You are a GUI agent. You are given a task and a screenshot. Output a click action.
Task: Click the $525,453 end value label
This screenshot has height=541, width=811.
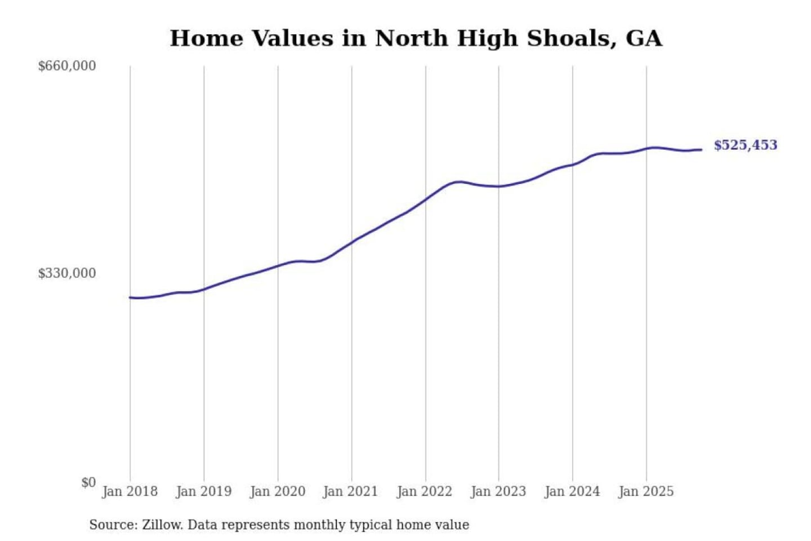click(x=745, y=145)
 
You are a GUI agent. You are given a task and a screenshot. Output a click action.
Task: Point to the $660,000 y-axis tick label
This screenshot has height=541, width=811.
click(x=66, y=66)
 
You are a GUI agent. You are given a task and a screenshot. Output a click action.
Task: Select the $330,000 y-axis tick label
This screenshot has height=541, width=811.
click(x=66, y=273)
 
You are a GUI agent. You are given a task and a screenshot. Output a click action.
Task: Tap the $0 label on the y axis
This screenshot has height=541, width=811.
click(x=88, y=482)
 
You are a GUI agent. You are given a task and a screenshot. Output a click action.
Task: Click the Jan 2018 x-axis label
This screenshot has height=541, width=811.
click(x=130, y=491)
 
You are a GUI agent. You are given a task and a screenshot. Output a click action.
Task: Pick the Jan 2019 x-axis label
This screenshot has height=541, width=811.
click(x=203, y=491)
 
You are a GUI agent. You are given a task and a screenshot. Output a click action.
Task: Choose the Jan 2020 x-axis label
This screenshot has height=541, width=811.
click(x=277, y=491)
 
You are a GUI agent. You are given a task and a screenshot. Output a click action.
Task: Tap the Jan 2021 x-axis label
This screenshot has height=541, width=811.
click(x=350, y=491)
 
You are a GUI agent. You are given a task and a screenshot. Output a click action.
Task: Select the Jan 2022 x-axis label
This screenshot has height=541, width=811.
click(x=424, y=491)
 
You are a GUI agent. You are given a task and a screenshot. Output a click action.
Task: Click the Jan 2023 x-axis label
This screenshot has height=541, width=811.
click(x=498, y=491)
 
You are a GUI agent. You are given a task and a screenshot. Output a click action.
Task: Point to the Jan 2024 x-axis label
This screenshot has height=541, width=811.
click(x=572, y=491)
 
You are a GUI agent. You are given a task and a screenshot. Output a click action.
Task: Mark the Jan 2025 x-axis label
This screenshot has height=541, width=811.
click(x=645, y=491)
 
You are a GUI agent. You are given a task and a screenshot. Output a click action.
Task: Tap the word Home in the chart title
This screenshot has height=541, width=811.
click(x=206, y=38)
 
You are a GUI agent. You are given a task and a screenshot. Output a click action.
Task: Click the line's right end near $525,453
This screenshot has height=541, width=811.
click(x=701, y=150)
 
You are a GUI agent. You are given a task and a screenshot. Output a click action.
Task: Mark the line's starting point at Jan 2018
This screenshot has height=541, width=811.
click(x=130, y=298)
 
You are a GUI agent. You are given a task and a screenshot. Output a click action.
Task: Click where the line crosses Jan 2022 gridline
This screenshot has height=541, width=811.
click(x=426, y=199)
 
